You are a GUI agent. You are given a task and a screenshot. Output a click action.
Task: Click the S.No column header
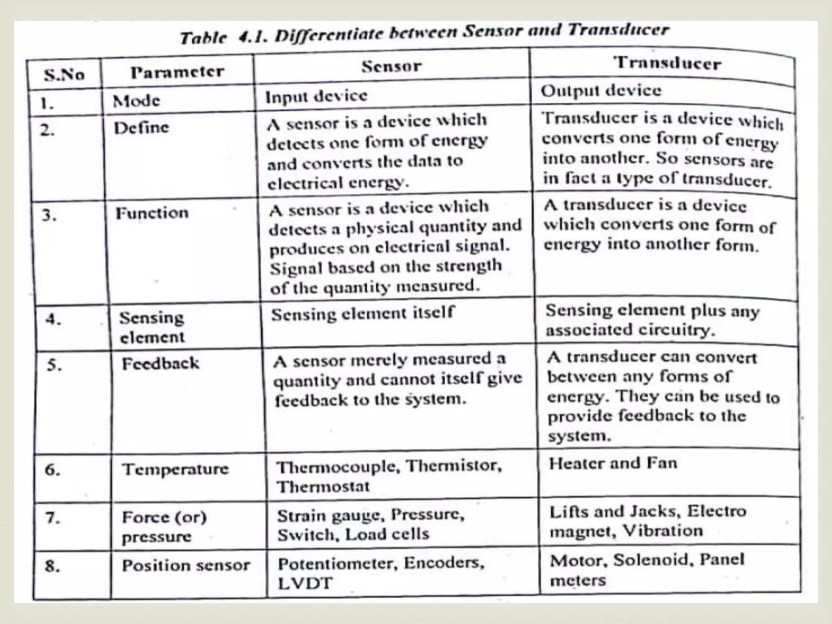[x=64, y=75]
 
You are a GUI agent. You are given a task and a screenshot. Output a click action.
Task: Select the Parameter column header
[x=177, y=72]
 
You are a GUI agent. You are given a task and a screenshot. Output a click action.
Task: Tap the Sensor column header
[x=392, y=66]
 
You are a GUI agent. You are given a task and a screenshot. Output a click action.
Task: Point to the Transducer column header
[x=668, y=63]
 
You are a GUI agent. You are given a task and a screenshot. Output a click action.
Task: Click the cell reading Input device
[x=316, y=96]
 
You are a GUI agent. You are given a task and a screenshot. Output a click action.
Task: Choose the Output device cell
[x=601, y=91]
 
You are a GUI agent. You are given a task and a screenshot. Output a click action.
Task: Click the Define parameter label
[x=141, y=128]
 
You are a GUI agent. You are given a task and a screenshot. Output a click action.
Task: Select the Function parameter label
[x=152, y=213]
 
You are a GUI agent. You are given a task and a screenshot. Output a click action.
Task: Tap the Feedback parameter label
[x=161, y=363]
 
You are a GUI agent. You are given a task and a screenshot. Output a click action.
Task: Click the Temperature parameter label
[x=175, y=469]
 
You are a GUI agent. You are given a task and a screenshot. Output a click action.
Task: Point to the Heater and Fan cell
[x=613, y=464]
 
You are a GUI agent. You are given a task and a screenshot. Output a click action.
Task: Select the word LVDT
[x=305, y=583]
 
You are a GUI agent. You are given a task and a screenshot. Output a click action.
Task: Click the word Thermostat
[x=323, y=486]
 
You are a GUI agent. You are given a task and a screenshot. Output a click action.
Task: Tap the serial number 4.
[x=53, y=319]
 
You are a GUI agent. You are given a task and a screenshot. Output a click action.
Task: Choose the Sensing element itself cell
[x=362, y=314]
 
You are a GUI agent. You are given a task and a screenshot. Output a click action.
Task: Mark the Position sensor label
[x=186, y=565]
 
